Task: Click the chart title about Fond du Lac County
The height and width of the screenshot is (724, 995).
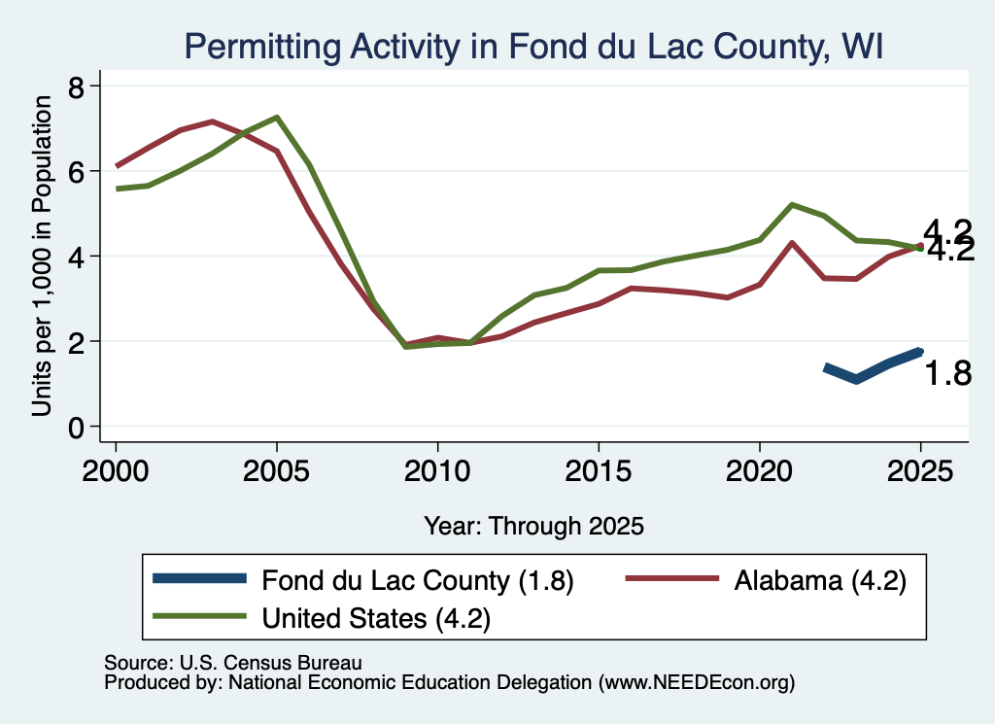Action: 533,47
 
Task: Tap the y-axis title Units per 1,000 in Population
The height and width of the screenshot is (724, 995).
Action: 42,256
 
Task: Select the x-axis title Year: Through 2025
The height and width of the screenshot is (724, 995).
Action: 533,526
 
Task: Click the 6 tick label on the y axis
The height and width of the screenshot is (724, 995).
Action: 76,171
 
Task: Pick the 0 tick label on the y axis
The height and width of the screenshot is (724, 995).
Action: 76,428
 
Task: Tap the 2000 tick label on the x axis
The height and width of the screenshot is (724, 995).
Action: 116,471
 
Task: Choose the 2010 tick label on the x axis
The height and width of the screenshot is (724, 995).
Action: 437,471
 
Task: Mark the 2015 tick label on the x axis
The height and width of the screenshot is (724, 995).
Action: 599,471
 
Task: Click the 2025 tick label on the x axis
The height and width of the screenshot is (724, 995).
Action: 920,471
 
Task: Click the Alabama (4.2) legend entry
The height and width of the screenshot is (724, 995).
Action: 766,580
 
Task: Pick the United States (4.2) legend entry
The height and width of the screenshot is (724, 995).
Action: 322,617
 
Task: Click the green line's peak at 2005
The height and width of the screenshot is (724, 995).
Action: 277,118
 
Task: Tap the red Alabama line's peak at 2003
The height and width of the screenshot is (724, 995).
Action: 212,121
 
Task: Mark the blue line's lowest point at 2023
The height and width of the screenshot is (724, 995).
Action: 857,380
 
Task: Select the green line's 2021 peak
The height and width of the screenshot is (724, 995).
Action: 792,205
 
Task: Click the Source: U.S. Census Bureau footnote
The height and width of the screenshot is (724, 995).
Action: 233,663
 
